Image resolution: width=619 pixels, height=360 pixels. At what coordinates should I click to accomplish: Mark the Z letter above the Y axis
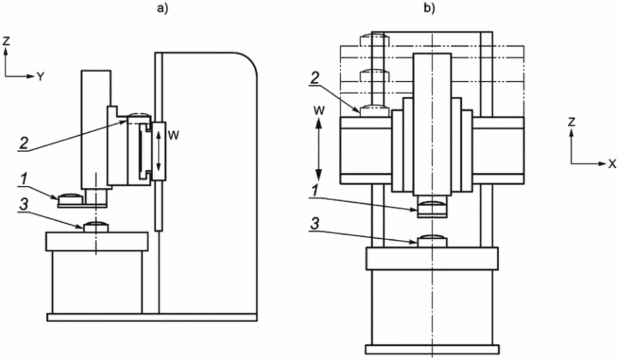point(6,41)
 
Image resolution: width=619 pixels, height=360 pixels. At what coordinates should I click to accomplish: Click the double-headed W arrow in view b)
point(320,150)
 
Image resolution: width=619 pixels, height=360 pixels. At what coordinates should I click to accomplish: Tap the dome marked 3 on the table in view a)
point(95,227)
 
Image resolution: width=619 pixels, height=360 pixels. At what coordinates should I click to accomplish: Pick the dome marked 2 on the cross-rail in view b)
point(374,112)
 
